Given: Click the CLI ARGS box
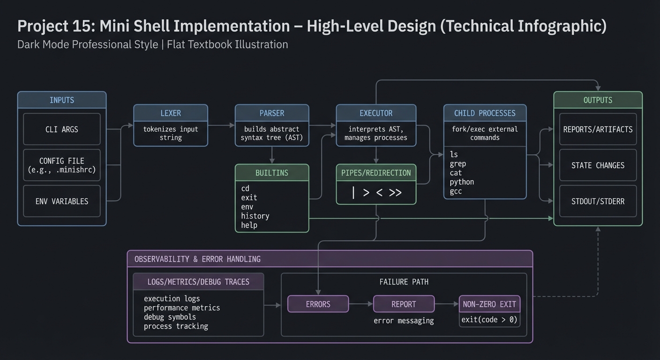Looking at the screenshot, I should [x=62, y=129].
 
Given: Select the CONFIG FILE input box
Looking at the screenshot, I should [x=62, y=165].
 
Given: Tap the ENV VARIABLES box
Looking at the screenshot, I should [x=62, y=201].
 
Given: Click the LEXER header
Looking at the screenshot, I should [x=171, y=113].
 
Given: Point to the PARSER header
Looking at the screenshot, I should [x=272, y=113].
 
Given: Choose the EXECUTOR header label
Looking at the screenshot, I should [x=376, y=113].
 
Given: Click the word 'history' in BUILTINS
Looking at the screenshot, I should [x=255, y=216].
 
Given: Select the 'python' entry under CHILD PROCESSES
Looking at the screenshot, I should [x=462, y=182].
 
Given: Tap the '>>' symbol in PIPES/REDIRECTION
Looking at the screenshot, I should [x=395, y=192].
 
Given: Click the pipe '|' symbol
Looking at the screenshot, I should [x=353, y=192].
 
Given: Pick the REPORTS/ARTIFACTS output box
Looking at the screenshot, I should [x=598, y=129].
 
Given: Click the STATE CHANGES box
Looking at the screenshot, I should [x=598, y=165].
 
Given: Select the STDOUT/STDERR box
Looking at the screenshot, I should [x=598, y=201].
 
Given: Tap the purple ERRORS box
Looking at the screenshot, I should [x=318, y=304].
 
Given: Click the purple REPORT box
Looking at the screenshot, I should [x=404, y=304].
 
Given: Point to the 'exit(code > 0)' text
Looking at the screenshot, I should [x=489, y=320].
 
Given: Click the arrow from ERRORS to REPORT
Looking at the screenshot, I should [x=361, y=304].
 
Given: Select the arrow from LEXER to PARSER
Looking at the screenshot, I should [x=221, y=125].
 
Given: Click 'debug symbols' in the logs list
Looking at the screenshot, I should [x=170, y=317].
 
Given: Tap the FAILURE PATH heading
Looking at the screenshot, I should [x=404, y=282].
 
